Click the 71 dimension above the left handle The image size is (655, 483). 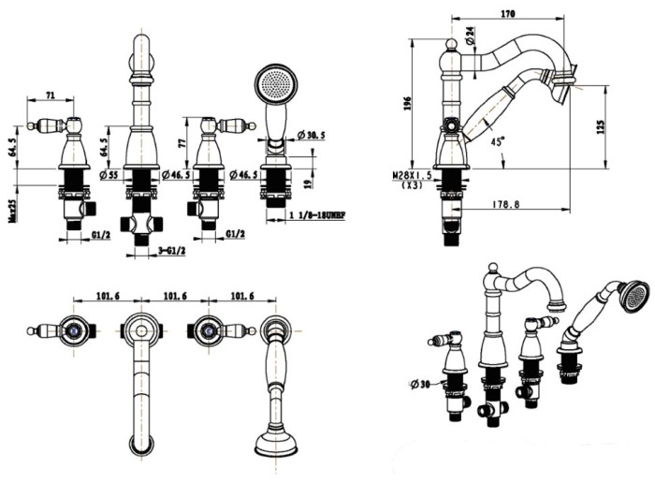tap(51, 95)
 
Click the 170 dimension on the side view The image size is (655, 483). tap(509, 15)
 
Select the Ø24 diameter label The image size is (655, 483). tap(470, 37)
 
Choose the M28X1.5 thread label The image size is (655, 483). tap(412, 175)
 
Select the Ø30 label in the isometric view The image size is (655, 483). tap(420, 383)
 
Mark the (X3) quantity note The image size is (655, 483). tap(411, 186)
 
